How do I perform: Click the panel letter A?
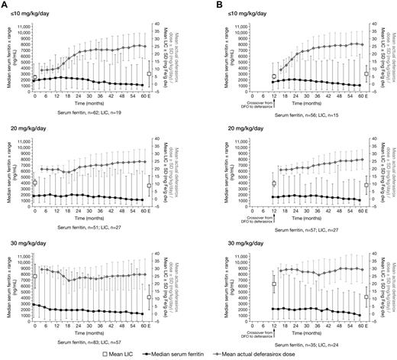[5, 5]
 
